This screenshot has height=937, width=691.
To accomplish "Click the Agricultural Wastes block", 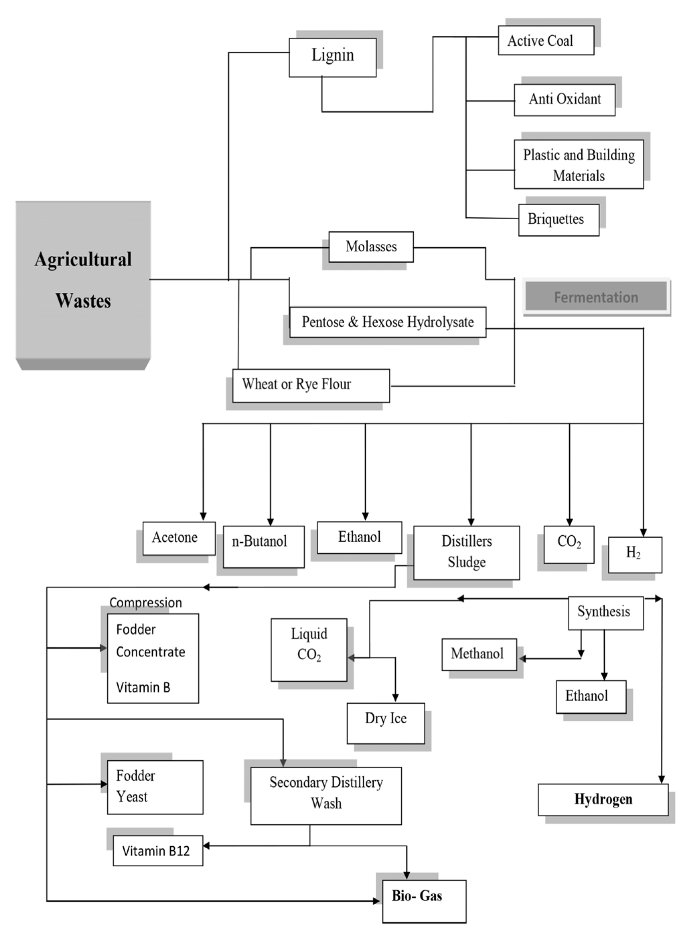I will pyautogui.click(x=83, y=280).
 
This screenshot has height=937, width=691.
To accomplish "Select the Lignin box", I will pyautogui.click(x=333, y=57).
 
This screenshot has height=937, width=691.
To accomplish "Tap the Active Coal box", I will pyautogui.click(x=546, y=40).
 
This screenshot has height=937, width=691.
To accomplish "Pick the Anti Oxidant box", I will pyautogui.click(x=564, y=100).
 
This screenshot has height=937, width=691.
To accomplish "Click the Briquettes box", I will pyautogui.click(x=558, y=220).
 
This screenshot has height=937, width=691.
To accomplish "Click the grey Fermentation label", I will pyautogui.click(x=596, y=296).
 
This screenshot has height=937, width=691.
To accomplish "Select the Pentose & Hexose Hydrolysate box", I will pyautogui.click(x=387, y=322).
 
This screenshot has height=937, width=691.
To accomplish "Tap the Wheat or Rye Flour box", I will pyautogui.click(x=311, y=385).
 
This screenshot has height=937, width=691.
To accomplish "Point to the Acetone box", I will pyautogui.click(x=179, y=538).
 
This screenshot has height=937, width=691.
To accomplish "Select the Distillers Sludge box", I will pyautogui.click(x=466, y=552).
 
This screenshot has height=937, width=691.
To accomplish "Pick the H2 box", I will pyautogui.click(x=634, y=554).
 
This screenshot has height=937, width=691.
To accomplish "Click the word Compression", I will pyautogui.click(x=145, y=602).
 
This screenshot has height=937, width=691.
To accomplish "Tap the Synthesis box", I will pyautogui.click(x=605, y=612).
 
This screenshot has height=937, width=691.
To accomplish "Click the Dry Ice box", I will pyautogui.click(x=385, y=723).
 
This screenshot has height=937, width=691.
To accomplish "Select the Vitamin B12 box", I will pyautogui.click(x=158, y=851).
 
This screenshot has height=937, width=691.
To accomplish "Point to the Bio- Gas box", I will pyautogui.click(x=424, y=901).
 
